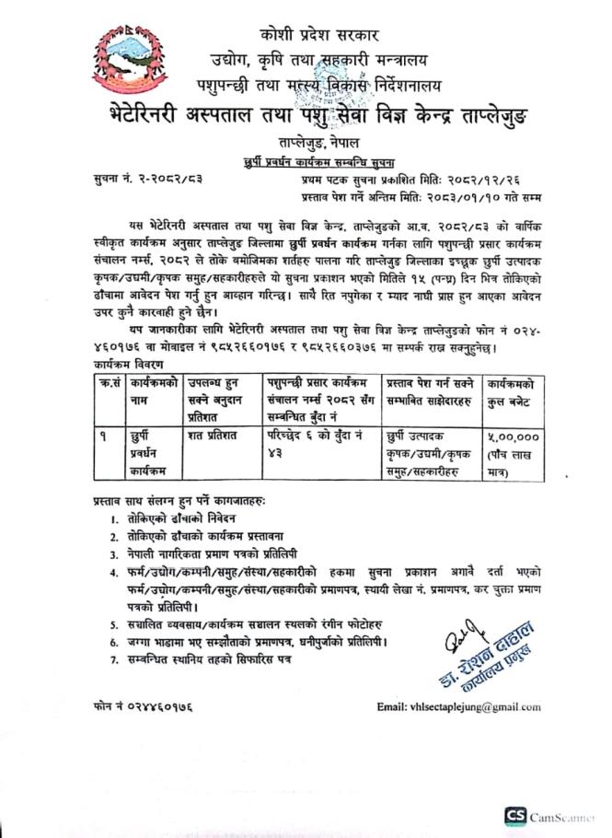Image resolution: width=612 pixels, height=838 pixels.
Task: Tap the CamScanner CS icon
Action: click(x=513, y=816)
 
